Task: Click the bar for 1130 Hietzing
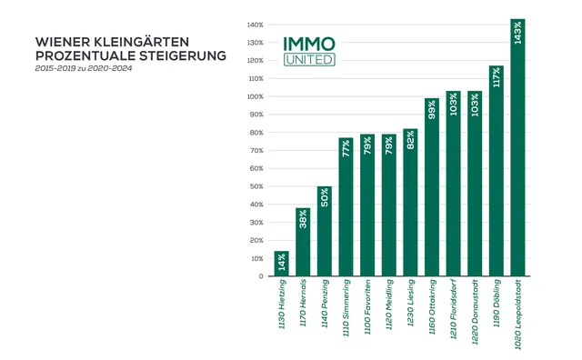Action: pos(281,264)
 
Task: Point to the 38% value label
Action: pos(303,221)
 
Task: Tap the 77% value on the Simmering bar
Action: pos(346,149)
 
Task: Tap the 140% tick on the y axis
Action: pos(255,25)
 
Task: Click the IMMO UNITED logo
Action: pos(309,51)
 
